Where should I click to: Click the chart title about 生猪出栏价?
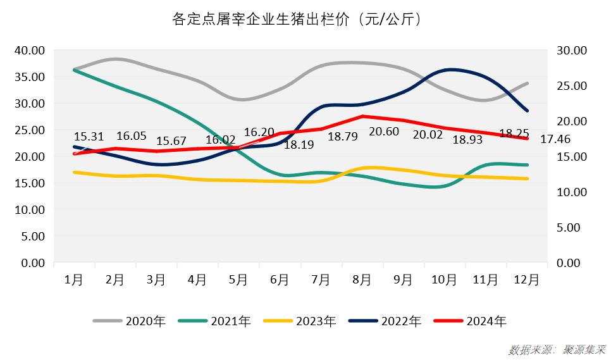click(x=297, y=20)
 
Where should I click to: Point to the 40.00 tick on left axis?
click(x=29, y=50)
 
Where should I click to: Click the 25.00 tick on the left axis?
click(x=29, y=130)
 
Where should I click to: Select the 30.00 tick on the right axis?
click(x=572, y=50)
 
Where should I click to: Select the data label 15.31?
click(x=89, y=136)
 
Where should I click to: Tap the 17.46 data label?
click(x=556, y=138)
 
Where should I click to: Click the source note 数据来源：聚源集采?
click(x=557, y=349)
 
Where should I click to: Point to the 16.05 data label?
click(x=132, y=136)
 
